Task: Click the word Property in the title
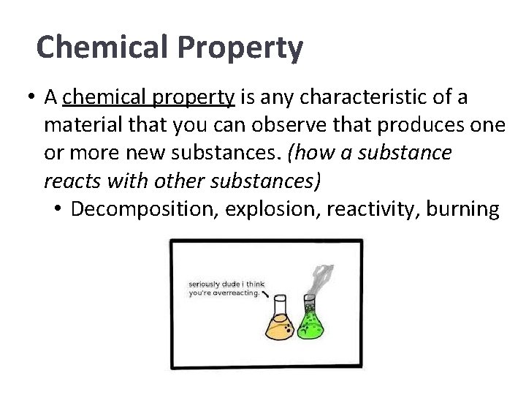pyautogui.click(x=250, y=48)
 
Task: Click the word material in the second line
pyautogui.click(x=77, y=125)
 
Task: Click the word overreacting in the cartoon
pyautogui.click(x=237, y=293)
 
